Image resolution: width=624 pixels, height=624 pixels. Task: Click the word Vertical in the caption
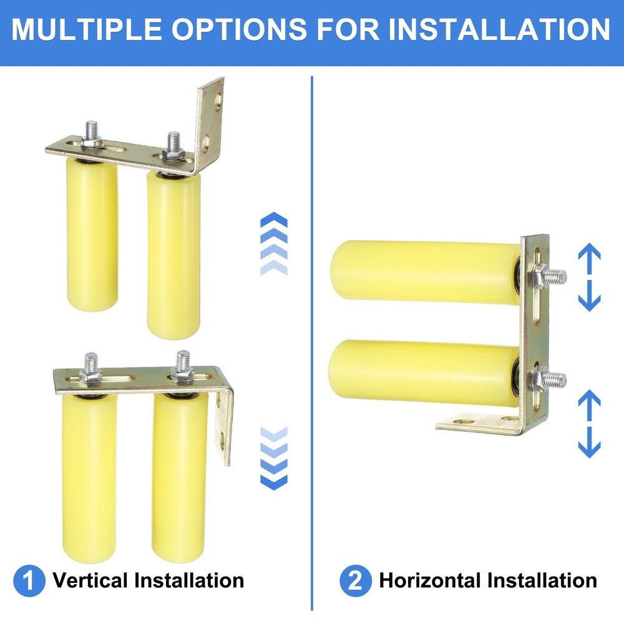click(x=90, y=581)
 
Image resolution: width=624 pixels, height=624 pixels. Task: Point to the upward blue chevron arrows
click(x=273, y=243)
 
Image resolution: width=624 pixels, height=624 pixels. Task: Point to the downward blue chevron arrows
click(x=273, y=458)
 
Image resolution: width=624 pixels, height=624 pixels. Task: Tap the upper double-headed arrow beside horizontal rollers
click(x=589, y=278)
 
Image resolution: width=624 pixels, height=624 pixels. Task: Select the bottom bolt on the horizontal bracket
click(x=550, y=378)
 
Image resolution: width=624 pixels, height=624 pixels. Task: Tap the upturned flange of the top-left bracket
click(x=211, y=119)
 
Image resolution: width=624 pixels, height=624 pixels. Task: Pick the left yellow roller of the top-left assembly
click(x=92, y=237)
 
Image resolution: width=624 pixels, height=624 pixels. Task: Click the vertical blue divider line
click(x=311, y=343)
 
